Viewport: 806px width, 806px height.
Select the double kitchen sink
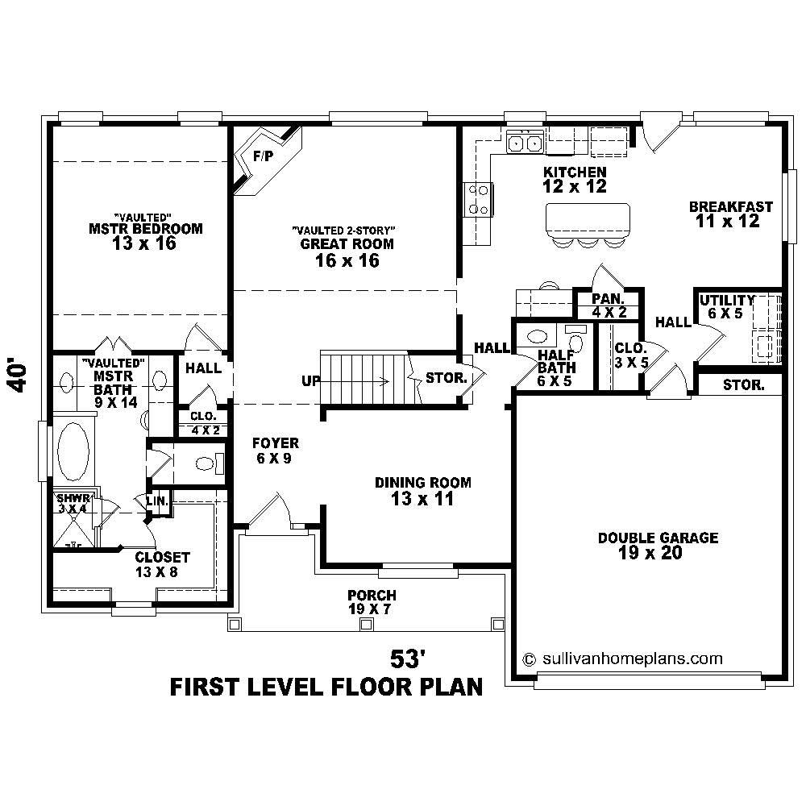pyautogui.click(x=525, y=143)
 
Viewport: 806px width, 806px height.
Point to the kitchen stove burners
pyautogui.click(x=476, y=199)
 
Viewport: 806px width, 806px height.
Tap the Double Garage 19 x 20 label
pyautogui.click(x=658, y=546)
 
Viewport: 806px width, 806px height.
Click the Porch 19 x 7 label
pyautogui.click(x=372, y=602)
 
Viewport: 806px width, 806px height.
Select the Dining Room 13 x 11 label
pyautogui.click(x=422, y=491)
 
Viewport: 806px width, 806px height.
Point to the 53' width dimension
pyautogui.click(x=407, y=659)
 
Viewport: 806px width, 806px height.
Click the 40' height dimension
pyautogui.click(x=22, y=376)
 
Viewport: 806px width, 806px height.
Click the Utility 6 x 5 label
pyautogui.click(x=726, y=306)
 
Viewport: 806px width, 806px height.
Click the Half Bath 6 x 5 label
pyautogui.click(x=555, y=368)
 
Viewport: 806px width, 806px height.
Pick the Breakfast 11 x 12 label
pyautogui.click(x=730, y=214)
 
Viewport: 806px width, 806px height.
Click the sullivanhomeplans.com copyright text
pyautogui.click(x=622, y=658)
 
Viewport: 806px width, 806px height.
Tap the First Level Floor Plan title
pyautogui.click(x=326, y=688)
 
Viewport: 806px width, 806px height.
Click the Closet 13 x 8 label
pyautogui.click(x=162, y=564)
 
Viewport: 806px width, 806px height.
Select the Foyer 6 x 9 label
pyautogui.click(x=276, y=451)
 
